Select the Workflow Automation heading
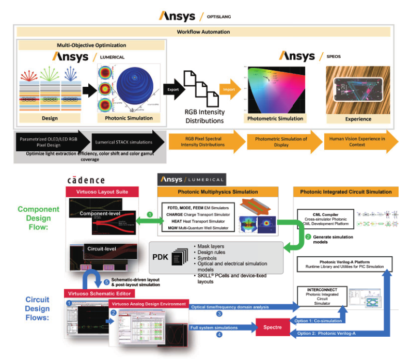click(x=203, y=32)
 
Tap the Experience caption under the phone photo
click(x=358, y=119)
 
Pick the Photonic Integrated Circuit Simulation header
click(x=346, y=192)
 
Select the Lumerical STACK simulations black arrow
click(x=124, y=141)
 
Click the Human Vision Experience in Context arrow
click(x=357, y=142)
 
